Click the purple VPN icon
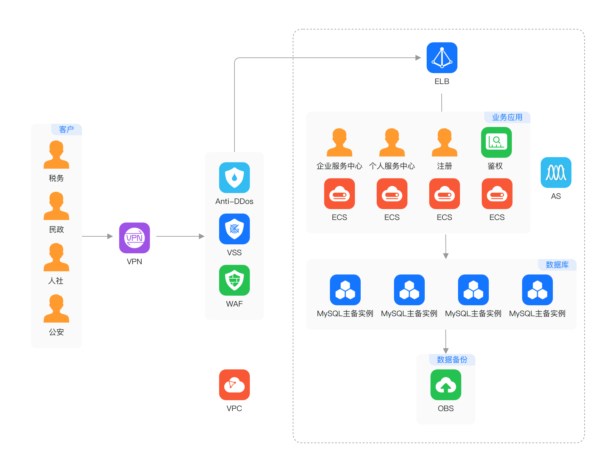coord(135,238)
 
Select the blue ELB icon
coord(442,58)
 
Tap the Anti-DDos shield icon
coord(234,178)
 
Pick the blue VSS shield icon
coord(234,229)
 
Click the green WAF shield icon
coord(234,280)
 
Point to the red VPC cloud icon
coord(234,385)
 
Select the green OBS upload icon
coord(446,385)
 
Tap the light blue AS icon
coord(556,173)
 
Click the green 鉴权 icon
coord(496,142)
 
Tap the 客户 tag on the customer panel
coord(66,130)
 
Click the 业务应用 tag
coord(507,117)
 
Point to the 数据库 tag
coord(557,265)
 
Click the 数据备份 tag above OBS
coord(452,360)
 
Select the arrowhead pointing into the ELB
coord(418,58)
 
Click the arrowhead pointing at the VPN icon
coord(110,236)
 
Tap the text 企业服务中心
coord(340,166)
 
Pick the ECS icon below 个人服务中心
coord(392,194)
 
